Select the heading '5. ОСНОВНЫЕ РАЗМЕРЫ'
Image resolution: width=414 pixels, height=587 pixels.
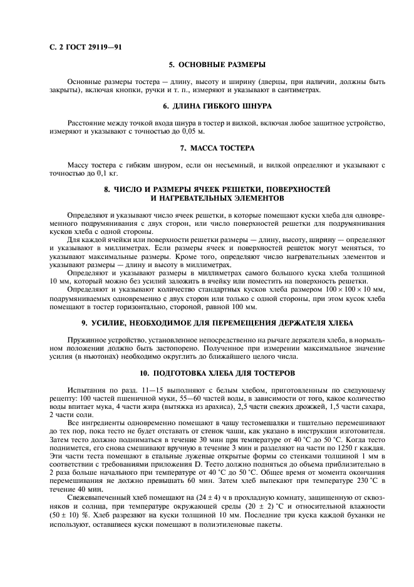(217, 65)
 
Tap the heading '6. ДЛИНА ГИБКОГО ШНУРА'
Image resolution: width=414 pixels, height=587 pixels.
(217, 106)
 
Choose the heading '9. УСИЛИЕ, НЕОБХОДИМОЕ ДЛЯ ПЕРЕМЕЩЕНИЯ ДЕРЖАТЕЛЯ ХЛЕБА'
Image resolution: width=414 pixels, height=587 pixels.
(217, 322)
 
